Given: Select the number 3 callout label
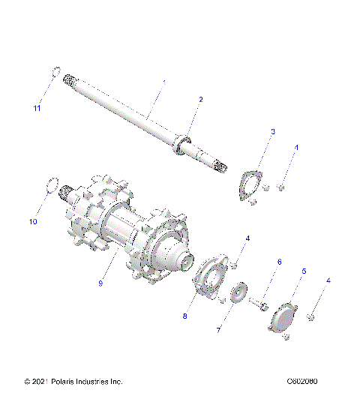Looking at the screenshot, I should pos(251,132).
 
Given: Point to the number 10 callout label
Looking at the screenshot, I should pos(32,221).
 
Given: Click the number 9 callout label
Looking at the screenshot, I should pos(101,283).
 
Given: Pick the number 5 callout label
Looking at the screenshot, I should pos(304,271).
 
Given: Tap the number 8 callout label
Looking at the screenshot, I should pos(184,316).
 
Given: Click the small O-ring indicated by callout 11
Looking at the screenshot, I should pos(55,73).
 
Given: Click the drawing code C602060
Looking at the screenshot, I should pos(301,382).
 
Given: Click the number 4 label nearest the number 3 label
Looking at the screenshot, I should pos(295,148).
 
